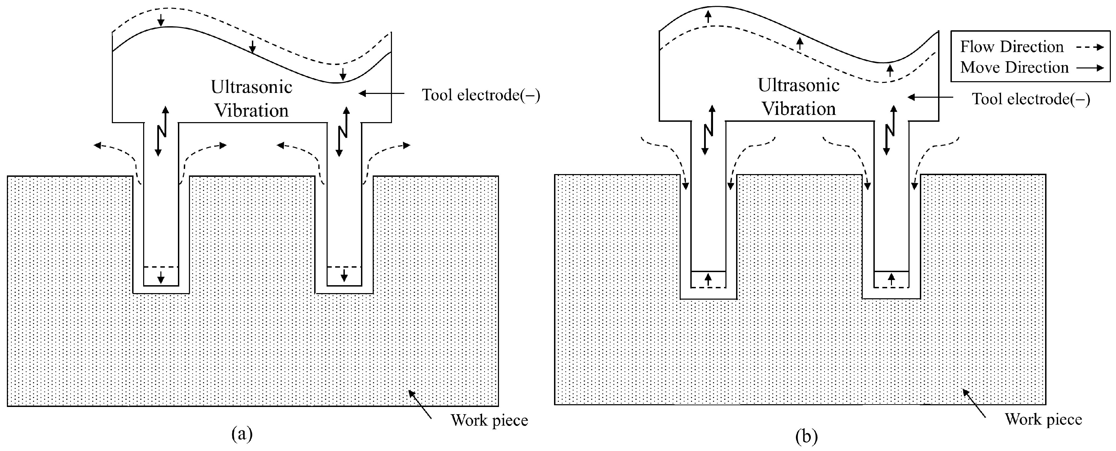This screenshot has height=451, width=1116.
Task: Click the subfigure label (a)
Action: [242, 433]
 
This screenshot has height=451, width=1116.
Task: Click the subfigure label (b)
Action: [807, 436]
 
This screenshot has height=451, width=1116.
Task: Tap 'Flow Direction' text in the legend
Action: [1012, 47]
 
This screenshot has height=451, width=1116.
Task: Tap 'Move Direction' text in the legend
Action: [1014, 67]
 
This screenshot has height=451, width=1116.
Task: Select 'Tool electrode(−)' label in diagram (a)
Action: [481, 95]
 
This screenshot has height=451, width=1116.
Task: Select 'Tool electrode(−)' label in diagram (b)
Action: [1031, 99]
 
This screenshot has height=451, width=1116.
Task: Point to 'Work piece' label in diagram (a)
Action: [489, 420]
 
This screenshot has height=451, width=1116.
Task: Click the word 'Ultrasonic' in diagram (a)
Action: [251, 87]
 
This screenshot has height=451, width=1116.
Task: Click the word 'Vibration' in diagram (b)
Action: [798, 109]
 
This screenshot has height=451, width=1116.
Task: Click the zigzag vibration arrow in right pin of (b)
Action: [890, 130]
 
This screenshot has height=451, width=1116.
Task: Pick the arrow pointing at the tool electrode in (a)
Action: [381, 93]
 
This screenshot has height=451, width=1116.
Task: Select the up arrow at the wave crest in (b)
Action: [708, 17]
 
